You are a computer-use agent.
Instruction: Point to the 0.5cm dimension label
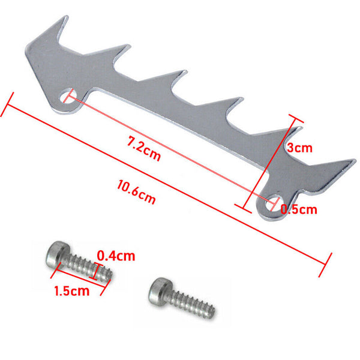[299, 209]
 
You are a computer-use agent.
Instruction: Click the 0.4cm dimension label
[116, 256]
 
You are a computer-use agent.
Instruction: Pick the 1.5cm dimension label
[71, 292]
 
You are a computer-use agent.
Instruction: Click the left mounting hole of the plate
[68, 95]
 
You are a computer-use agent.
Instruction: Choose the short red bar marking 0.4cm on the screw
[96, 271]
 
